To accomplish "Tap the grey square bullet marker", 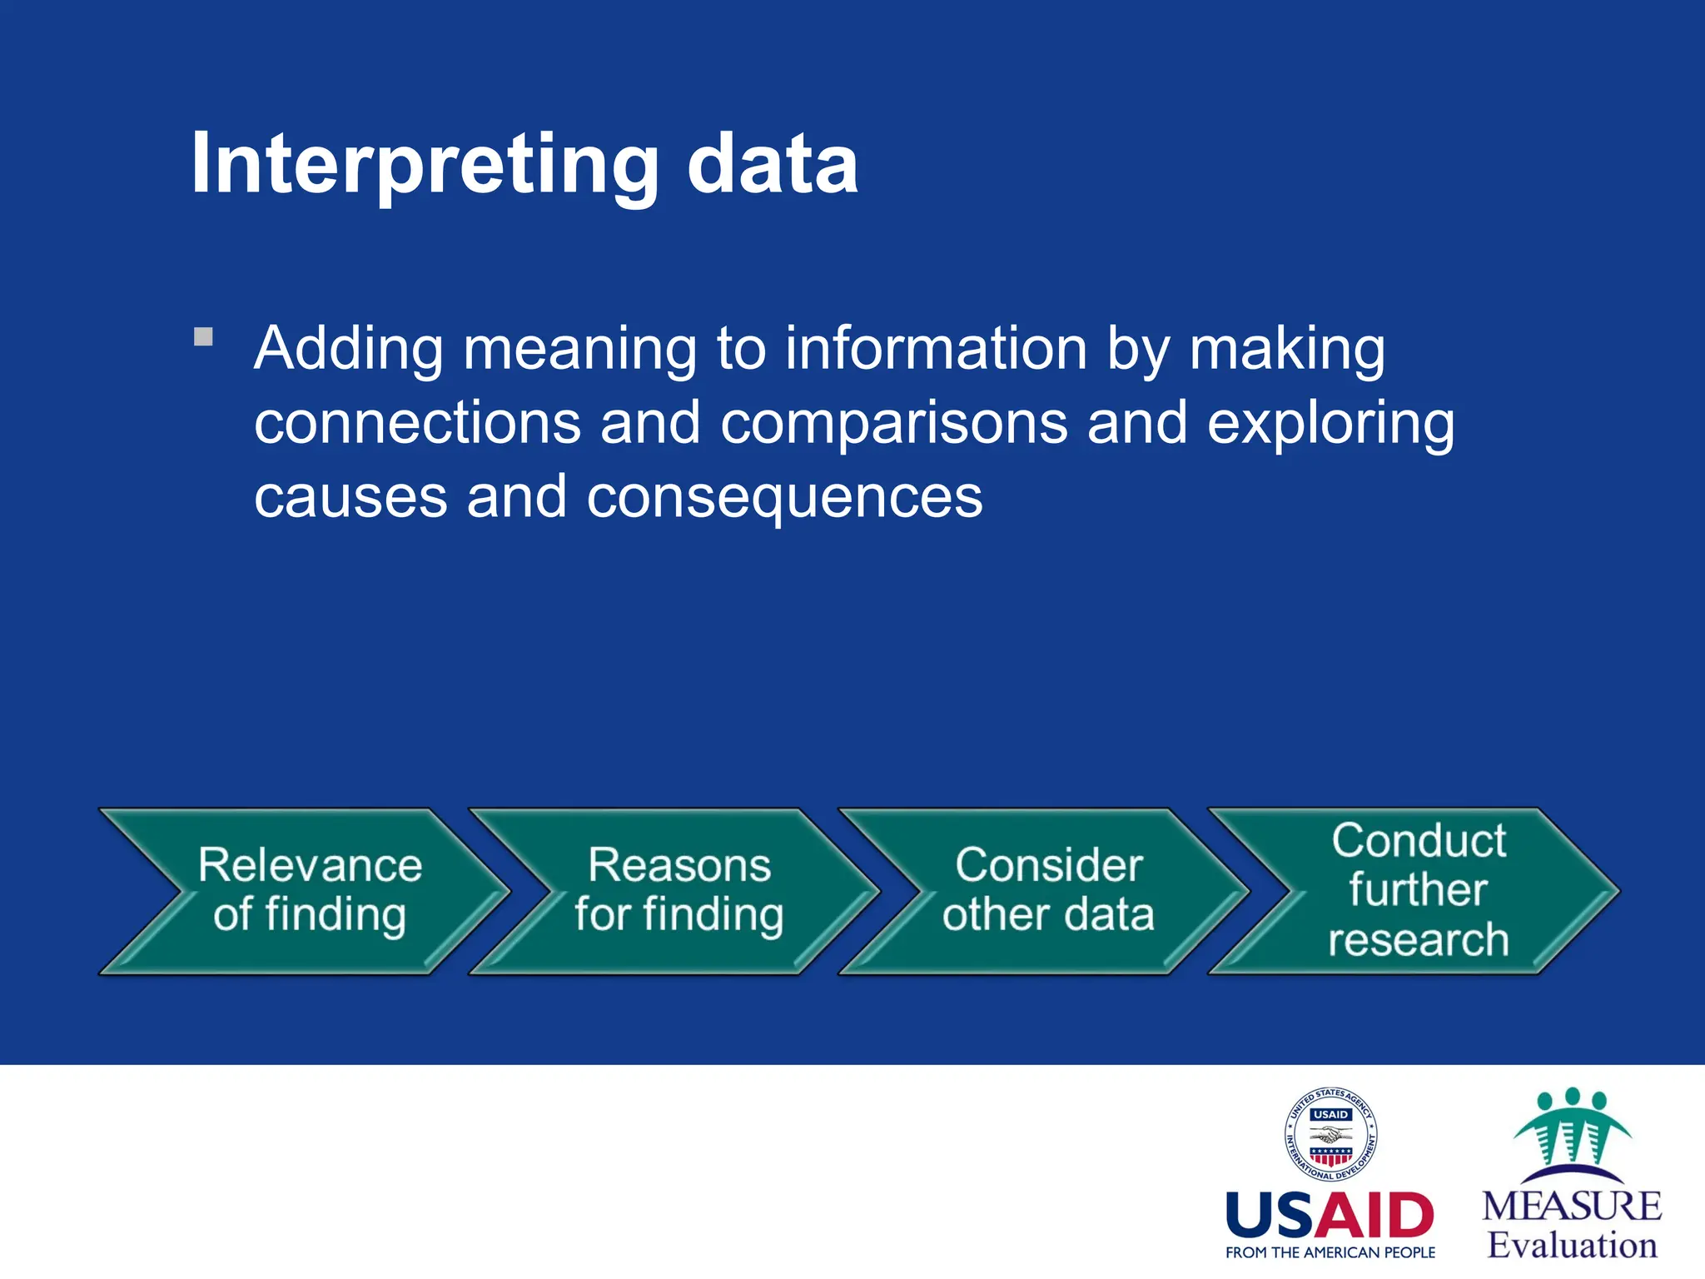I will (203, 337).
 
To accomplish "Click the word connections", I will (417, 422).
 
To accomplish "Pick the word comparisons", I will (893, 422).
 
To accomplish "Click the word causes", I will (350, 497).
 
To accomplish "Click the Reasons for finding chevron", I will (679, 891).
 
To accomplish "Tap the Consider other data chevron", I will (1047, 891).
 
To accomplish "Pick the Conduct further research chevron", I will (1417, 891).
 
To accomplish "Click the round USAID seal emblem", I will (1330, 1135).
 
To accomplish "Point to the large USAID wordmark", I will (1330, 1216).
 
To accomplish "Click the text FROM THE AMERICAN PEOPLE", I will (1330, 1252).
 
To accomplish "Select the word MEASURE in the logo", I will (1572, 1207).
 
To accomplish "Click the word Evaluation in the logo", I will (1572, 1246).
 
